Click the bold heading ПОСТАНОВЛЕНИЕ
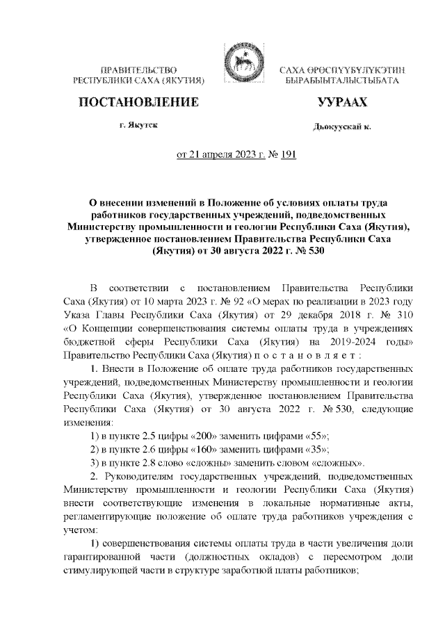click(x=137, y=103)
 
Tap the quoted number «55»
click(x=313, y=434)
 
